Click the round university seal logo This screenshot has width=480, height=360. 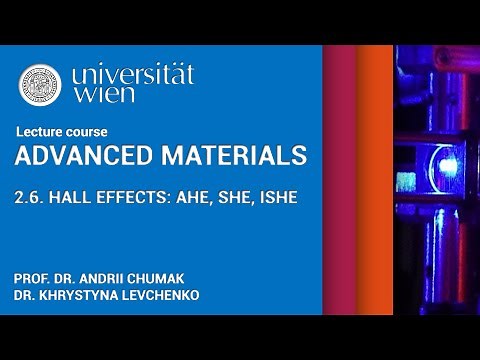point(40,85)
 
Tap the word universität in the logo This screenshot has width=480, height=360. point(132,74)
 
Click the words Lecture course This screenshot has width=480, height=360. point(62,132)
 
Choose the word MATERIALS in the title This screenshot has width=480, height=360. point(221,156)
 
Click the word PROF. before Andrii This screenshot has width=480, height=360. point(32,277)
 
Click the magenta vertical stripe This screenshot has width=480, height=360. point(340,180)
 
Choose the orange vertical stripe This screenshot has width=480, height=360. point(375,180)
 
